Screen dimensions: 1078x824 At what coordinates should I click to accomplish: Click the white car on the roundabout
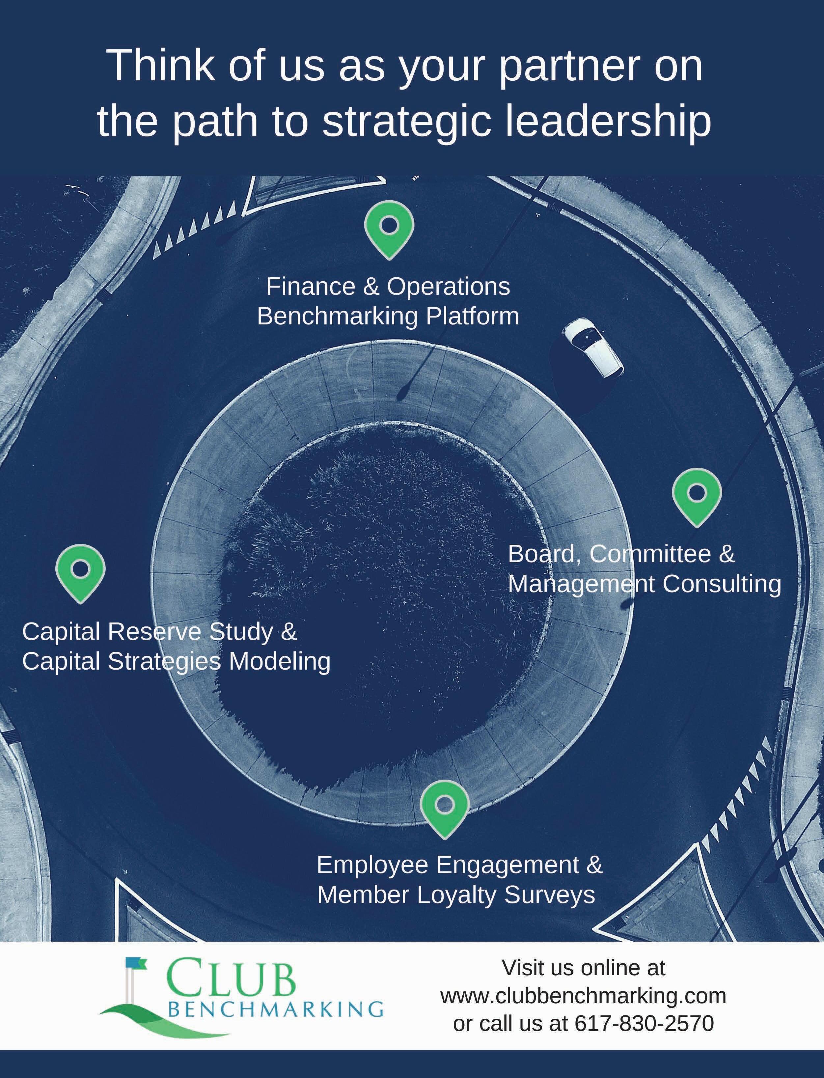(x=592, y=347)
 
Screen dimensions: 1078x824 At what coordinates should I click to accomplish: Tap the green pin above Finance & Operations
(x=389, y=227)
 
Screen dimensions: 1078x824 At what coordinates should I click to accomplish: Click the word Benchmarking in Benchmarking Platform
(x=338, y=316)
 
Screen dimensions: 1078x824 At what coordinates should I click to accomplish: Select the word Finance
(x=311, y=287)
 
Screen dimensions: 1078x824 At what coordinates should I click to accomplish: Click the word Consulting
(x=722, y=584)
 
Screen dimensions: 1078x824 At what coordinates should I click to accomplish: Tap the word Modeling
(x=280, y=662)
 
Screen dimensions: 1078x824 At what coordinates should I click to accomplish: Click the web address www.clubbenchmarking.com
(x=583, y=996)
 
